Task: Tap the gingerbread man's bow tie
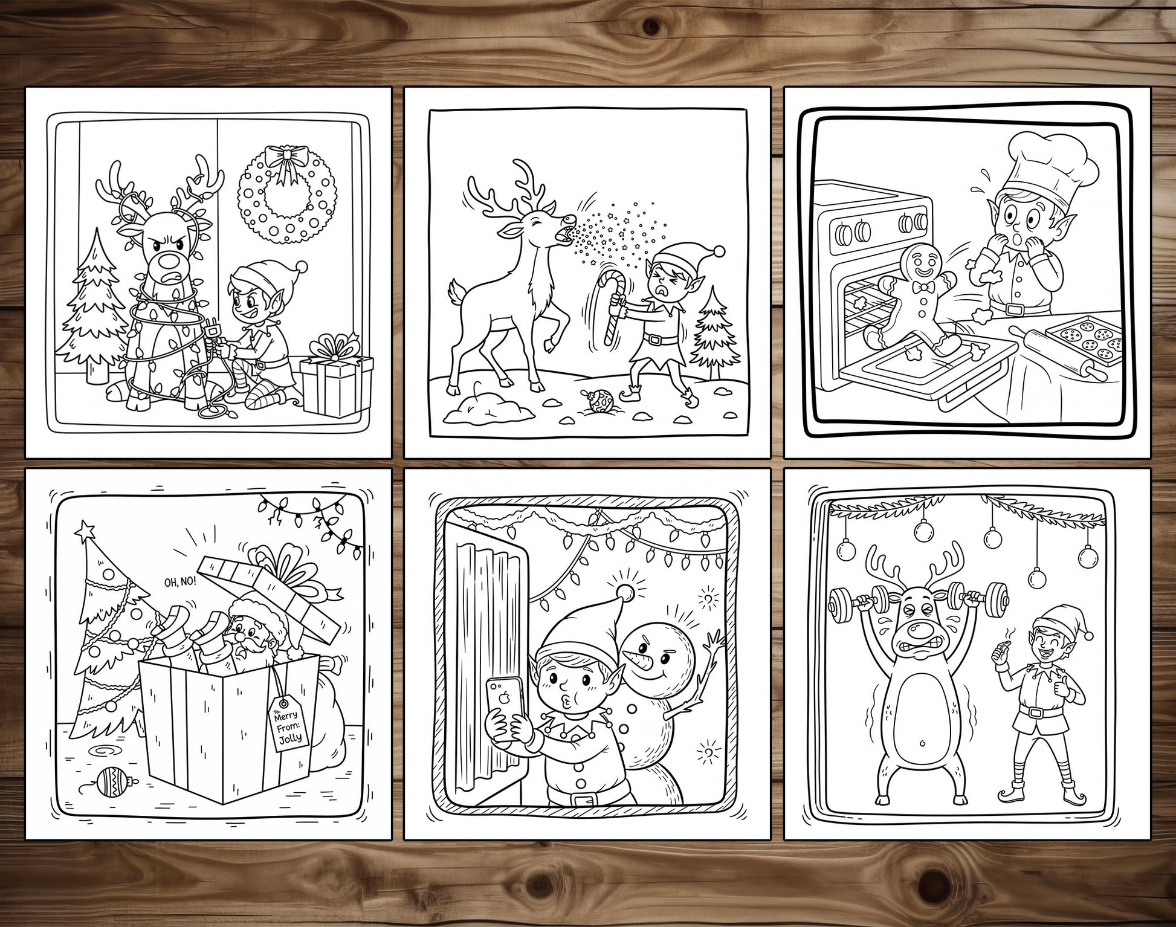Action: point(922,286)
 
